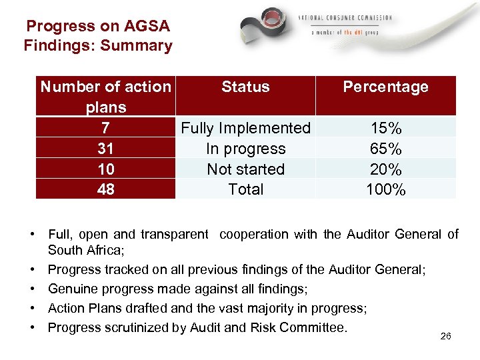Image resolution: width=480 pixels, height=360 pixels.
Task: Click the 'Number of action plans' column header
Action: [105, 96]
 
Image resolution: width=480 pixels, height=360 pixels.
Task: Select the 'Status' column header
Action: [245, 87]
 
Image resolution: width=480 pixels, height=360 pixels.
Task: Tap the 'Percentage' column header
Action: [385, 87]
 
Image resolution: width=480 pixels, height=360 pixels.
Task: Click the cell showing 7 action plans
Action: [105, 128]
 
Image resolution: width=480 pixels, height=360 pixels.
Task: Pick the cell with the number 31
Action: [105, 149]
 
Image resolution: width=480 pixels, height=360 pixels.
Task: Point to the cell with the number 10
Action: [105, 169]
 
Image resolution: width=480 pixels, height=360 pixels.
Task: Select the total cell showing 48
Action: [105, 189]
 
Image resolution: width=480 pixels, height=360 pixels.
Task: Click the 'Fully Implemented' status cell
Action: [245, 128]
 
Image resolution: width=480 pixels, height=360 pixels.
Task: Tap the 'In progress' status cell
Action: [245, 149]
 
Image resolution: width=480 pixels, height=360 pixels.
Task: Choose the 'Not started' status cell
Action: [245, 169]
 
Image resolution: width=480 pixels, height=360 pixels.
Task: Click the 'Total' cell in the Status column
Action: [245, 189]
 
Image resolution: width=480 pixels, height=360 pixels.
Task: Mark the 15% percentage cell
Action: [385, 128]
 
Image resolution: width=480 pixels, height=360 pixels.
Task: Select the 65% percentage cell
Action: [385, 149]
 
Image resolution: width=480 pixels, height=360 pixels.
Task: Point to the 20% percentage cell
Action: [385, 169]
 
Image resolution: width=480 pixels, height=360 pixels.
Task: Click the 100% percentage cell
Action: [385, 189]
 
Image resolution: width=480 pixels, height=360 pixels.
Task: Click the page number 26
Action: [446, 336]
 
